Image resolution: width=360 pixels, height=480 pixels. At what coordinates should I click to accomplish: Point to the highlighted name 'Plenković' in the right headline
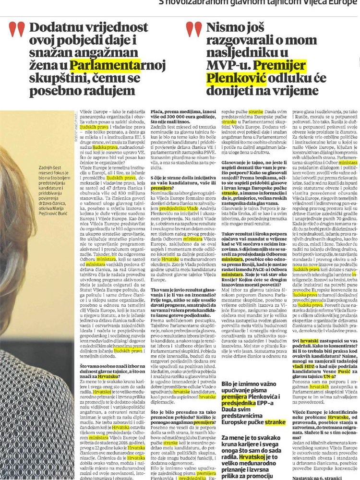pos(231,78)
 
